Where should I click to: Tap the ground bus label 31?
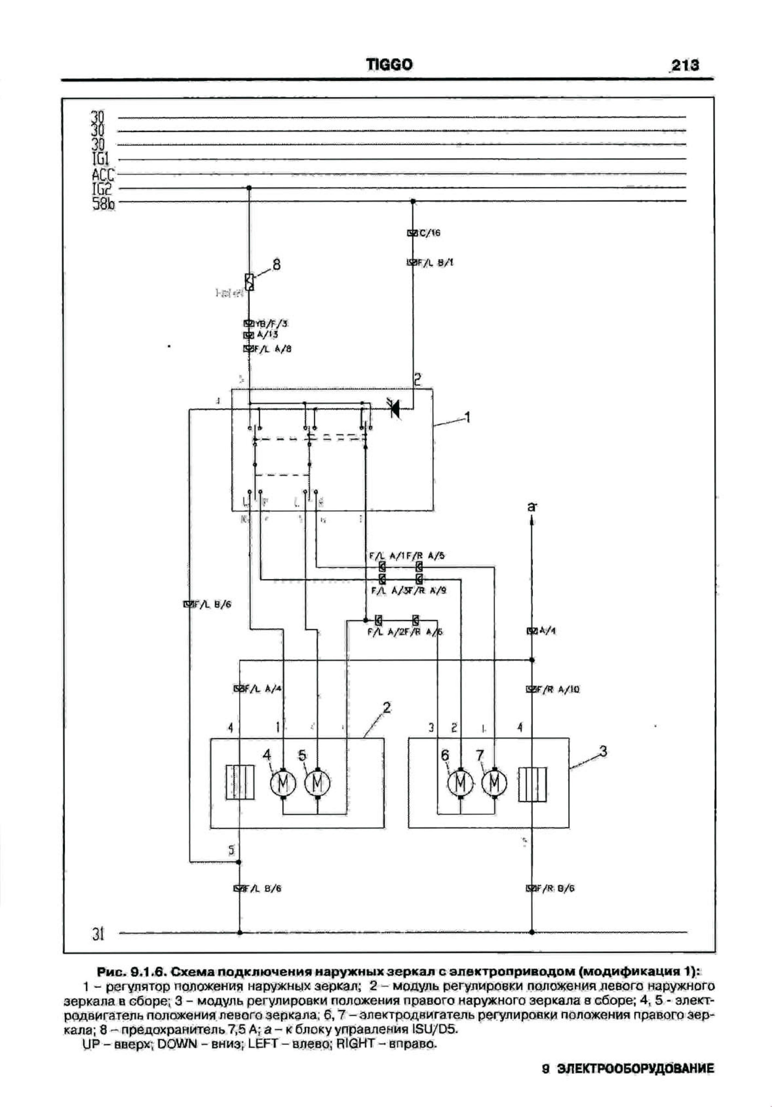[x=98, y=935]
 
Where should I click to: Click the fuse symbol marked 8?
[x=249, y=282]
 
